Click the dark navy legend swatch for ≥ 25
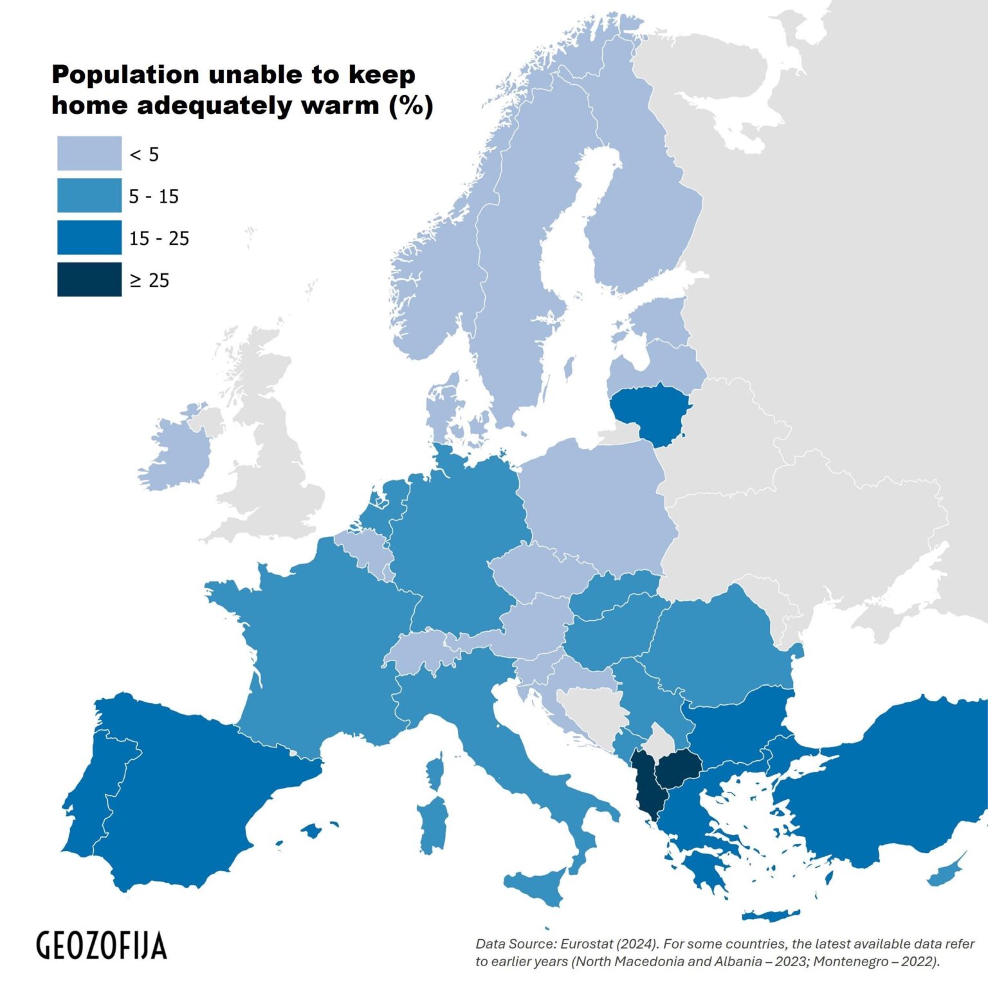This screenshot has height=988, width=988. coord(89,279)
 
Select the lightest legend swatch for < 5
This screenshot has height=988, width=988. coord(89,153)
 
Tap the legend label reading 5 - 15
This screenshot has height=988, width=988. coord(154,196)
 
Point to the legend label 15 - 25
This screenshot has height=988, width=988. coord(159,239)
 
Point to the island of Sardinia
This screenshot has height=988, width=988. coord(432,827)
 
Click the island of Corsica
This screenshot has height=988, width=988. coord(435,773)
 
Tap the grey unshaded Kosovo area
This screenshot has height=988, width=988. coord(659,740)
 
